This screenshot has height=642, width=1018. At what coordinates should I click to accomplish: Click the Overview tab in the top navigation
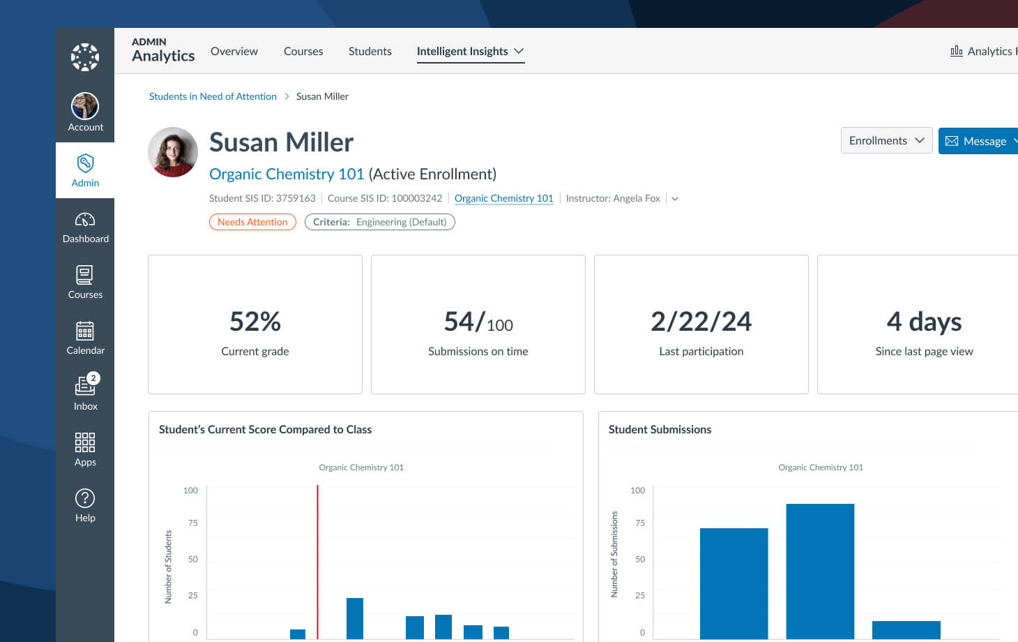[234, 51]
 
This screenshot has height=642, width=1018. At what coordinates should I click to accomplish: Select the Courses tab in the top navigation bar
[303, 51]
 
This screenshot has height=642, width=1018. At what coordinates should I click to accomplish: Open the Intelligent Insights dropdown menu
[470, 51]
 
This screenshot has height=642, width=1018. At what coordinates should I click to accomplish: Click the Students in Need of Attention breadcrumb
[213, 96]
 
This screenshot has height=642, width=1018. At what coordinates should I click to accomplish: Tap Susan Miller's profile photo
[173, 152]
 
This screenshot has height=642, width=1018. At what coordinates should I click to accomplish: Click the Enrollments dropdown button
[886, 140]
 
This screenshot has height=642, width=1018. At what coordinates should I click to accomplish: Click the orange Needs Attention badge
[252, 222]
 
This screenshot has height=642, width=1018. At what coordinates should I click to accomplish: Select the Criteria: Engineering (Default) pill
[379, 222]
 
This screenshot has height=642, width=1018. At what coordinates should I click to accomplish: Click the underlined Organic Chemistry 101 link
[503, 198]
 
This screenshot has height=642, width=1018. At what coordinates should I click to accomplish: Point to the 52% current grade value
[255, 322]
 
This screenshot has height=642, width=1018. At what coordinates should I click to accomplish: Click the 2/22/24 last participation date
[701, 322]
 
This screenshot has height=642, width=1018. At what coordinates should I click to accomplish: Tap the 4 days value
[924, 322]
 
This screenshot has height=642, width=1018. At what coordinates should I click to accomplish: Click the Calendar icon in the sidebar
[85, 331]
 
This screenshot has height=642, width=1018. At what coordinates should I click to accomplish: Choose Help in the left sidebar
[85, 505]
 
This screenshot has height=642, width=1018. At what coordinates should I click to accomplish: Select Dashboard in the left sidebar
[85, 227]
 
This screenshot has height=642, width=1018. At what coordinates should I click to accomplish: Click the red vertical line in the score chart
[317, 558]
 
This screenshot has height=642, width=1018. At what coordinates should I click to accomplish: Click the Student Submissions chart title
[660, 429]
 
